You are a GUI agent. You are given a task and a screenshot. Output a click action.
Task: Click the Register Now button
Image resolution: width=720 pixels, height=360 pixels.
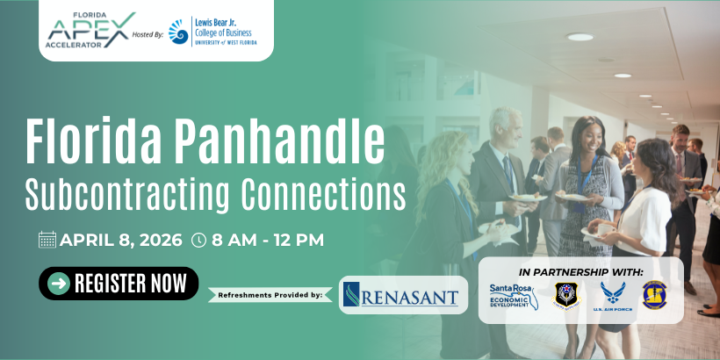click(119, 284)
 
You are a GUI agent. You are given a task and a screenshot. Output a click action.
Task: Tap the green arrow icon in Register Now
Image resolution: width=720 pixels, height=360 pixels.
click(59, 284)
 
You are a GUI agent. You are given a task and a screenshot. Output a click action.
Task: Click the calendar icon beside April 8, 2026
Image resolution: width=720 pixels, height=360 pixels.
click(47, 240)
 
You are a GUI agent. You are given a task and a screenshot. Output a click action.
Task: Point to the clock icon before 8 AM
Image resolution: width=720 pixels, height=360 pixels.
click(198, 240)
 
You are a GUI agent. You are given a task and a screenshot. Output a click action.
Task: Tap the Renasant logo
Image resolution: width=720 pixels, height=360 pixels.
click(403, 295)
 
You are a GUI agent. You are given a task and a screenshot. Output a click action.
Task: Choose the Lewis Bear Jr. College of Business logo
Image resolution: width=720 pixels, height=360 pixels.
click(220, 32)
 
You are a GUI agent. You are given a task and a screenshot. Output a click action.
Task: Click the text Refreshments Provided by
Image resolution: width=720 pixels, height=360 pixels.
click(269, 295)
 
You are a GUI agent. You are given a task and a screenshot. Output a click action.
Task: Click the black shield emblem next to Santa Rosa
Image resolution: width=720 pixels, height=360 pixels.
click(565, 294)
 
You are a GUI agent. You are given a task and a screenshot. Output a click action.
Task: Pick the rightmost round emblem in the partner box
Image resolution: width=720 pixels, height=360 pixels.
click(654, 294)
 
